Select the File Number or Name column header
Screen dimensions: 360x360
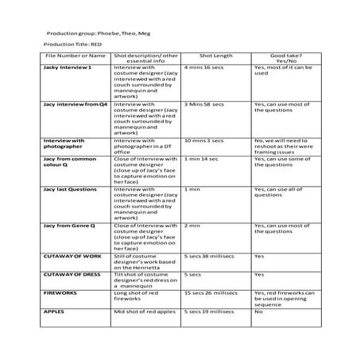[x=75, y=56]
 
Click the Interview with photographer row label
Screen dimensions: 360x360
[x=64, y=143]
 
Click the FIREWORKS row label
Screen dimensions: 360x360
[x=60, y=292]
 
